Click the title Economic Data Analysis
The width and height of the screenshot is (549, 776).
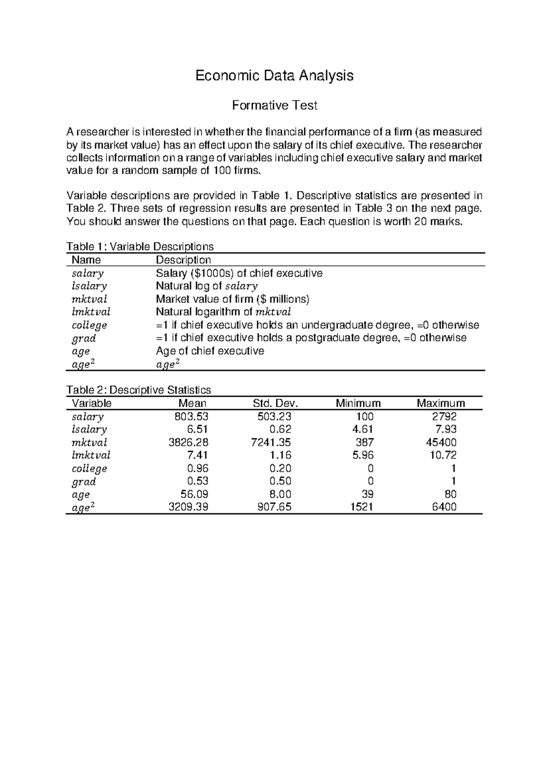pyautogui.click(x=274, y=75)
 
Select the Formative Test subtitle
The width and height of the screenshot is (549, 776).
pyautogui.click(x=274, y=106)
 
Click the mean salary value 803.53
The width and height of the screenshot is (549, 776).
pyautogui.click(x=191, y=416)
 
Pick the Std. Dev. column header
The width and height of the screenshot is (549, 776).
pyautogui.click(x=275, y=403)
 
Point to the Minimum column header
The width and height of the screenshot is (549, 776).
pyautogui.click(x=358, y=403)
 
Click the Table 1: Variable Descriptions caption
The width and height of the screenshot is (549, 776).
pyautogui.click(x=140, y=247)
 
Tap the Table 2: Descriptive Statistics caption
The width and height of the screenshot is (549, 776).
pyautogui.click(x=139, y=390)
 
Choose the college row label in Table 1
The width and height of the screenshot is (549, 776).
pyautogui.click(x=89, y=325)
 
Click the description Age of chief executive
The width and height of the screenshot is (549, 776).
pyautogui.click(x=210, y=351)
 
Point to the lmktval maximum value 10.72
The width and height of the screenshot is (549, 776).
pyautogui.click(x=444, y=455)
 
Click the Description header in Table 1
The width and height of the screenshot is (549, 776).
pyautogui.click(x=183, y=260)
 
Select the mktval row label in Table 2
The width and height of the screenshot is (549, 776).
pyautogui.click(x=89, y=442)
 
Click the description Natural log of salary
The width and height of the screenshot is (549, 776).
pyautogui.click(x=207, y=286)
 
